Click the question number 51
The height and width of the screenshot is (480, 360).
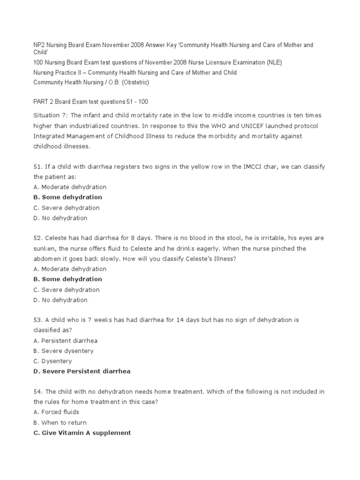click(37, 166)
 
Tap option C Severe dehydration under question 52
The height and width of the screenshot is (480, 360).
click(67, 290)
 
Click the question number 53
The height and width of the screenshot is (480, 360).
click(37, 320)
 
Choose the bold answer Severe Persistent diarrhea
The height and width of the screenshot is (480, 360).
click(82, 372)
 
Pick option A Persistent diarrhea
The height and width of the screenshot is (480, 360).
click(66, 341)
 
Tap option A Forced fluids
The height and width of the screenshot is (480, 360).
click(56, 412)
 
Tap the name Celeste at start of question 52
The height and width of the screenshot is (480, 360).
click(57, 238)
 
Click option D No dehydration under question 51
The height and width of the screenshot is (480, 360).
click(60, 218)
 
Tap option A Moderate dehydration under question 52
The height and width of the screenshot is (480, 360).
click(70, 269)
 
